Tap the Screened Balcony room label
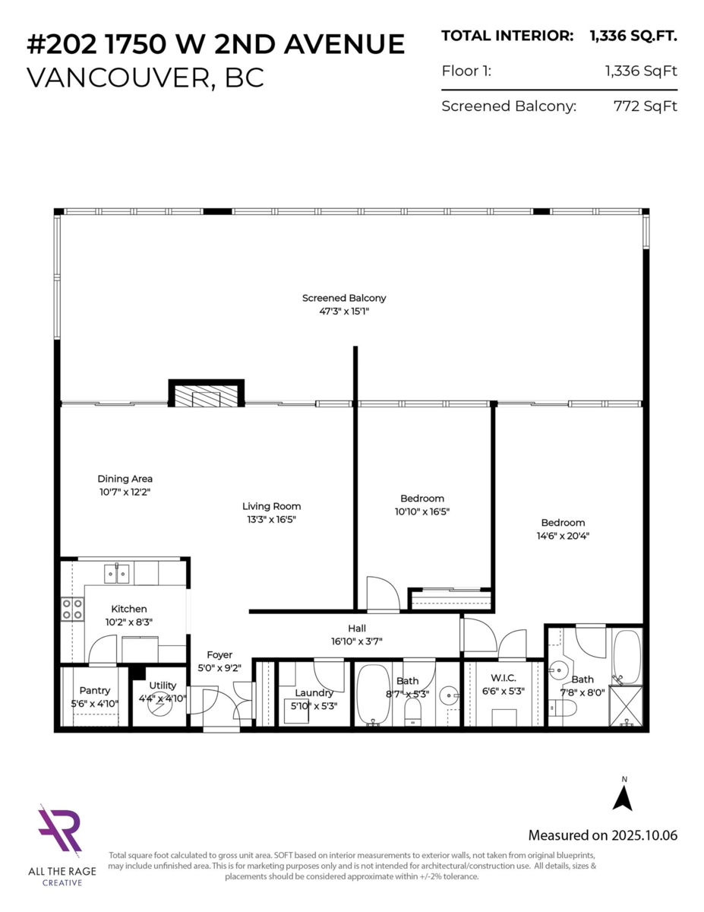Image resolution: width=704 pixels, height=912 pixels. [344, 298]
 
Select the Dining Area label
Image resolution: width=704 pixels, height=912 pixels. [125, 479]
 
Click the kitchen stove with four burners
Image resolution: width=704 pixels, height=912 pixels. [73, 608]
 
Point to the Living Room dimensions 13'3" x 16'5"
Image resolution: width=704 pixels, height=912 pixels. [271, 520]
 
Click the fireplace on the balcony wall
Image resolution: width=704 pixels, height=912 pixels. [206, 396]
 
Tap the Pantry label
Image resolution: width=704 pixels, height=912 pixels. [95, 690]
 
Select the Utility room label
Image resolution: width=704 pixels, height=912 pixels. [163, 686]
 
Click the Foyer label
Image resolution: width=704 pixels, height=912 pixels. [219, 654]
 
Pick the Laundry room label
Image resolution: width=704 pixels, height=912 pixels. [314, 692]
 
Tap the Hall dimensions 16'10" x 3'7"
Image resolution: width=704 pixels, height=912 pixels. [357, 641]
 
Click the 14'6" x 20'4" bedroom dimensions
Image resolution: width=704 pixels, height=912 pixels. [563, 536]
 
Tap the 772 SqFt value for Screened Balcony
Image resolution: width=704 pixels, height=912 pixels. [645, 106]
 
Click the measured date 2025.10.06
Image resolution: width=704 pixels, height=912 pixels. [645, 835]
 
